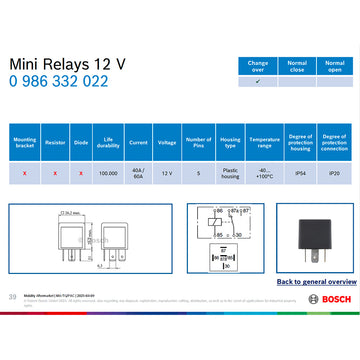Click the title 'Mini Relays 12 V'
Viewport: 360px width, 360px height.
(x=67, y=63)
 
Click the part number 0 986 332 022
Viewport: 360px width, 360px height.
(x=58, y=81)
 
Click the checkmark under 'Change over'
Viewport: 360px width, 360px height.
(x=258, y=82)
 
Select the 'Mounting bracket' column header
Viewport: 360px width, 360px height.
(x=25, y=141)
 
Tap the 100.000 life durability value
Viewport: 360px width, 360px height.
(x=107, y=173)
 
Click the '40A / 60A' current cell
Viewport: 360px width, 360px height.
(x=138, y=173)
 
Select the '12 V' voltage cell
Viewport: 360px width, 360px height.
(x=167, y=173)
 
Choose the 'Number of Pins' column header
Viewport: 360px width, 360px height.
(x=198, y=141)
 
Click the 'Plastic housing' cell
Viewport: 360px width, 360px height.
(x=230, y=173)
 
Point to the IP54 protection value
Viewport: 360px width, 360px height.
(x=299, y=173)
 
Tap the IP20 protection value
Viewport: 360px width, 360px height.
(x=334, y=173)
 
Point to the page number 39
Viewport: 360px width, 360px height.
(x=12, y=297)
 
